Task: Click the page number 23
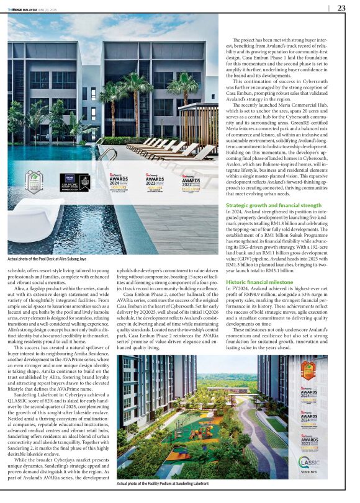click(x=341, y=8)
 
